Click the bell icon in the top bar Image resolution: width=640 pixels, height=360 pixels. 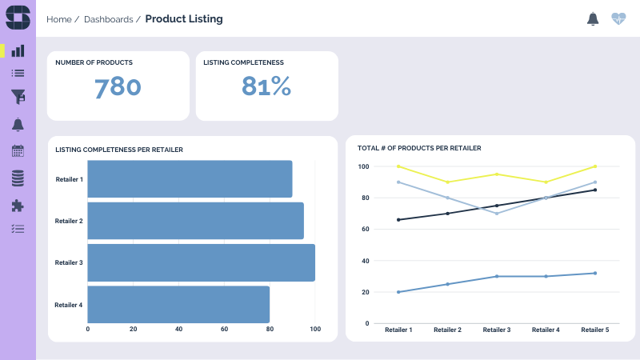tap(593, 18)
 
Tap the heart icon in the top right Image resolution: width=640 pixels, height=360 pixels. tap(618, 18)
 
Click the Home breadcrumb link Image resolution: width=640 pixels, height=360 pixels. tap(59, 19)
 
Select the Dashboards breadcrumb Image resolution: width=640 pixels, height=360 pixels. tap(108, 19)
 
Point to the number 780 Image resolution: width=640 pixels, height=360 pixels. tap(118, 87)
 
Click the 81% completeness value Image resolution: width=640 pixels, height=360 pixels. tap(266, 87)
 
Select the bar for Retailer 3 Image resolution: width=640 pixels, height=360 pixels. tap(201, 262)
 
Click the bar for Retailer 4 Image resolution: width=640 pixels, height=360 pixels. tap(178, 304)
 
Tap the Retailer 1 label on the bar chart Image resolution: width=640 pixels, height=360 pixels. tap(70, 179)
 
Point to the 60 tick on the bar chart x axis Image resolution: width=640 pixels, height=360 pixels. tap(224, 329)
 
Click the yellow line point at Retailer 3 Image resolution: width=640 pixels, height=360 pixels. tap(497, 174)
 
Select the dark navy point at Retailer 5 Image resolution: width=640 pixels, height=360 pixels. tap(595, 190)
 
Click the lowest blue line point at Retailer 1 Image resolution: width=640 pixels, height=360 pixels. tap(398, 292)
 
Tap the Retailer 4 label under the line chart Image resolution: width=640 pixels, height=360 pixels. tap(546, 330)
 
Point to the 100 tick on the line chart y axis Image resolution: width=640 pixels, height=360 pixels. tap(363, 166)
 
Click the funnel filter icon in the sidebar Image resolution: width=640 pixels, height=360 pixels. tap(18, 97)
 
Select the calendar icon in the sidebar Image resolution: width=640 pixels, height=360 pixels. tap(18, 150)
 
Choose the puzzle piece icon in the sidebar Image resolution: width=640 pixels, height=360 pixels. tap(18, 205)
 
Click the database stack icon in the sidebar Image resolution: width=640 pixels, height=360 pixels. tap(18, 178)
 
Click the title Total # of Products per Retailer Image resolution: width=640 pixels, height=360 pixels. tap(418, 148)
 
